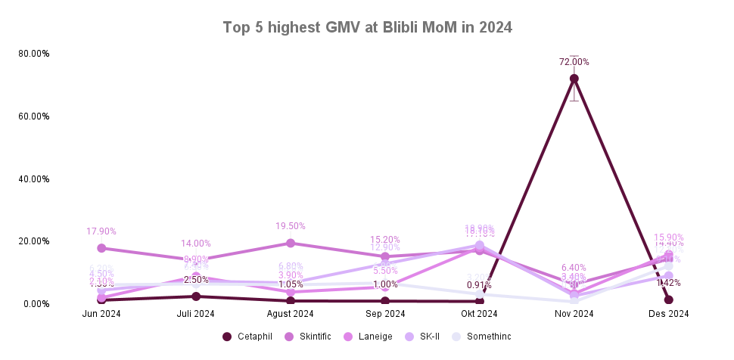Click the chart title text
[367, 27]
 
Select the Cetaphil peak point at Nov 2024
[574, 79]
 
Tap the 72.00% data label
[574, 62]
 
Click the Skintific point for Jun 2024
[101, 248]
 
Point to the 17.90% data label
[101, 231]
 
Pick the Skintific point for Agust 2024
[291, 243]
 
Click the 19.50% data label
[291, 226]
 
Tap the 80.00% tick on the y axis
[35, 54]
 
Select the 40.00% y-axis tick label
[35, 179]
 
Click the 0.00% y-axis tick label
[37, 304]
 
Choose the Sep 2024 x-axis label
[385, 314]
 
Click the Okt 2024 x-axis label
[480, 314]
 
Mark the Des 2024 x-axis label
[669, 314]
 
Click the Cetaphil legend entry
[248, 337]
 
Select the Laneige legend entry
[369, 337]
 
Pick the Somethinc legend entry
[482, 337]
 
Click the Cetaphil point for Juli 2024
[196, 296]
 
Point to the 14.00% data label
[196, 244]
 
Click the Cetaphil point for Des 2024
[669, 299]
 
